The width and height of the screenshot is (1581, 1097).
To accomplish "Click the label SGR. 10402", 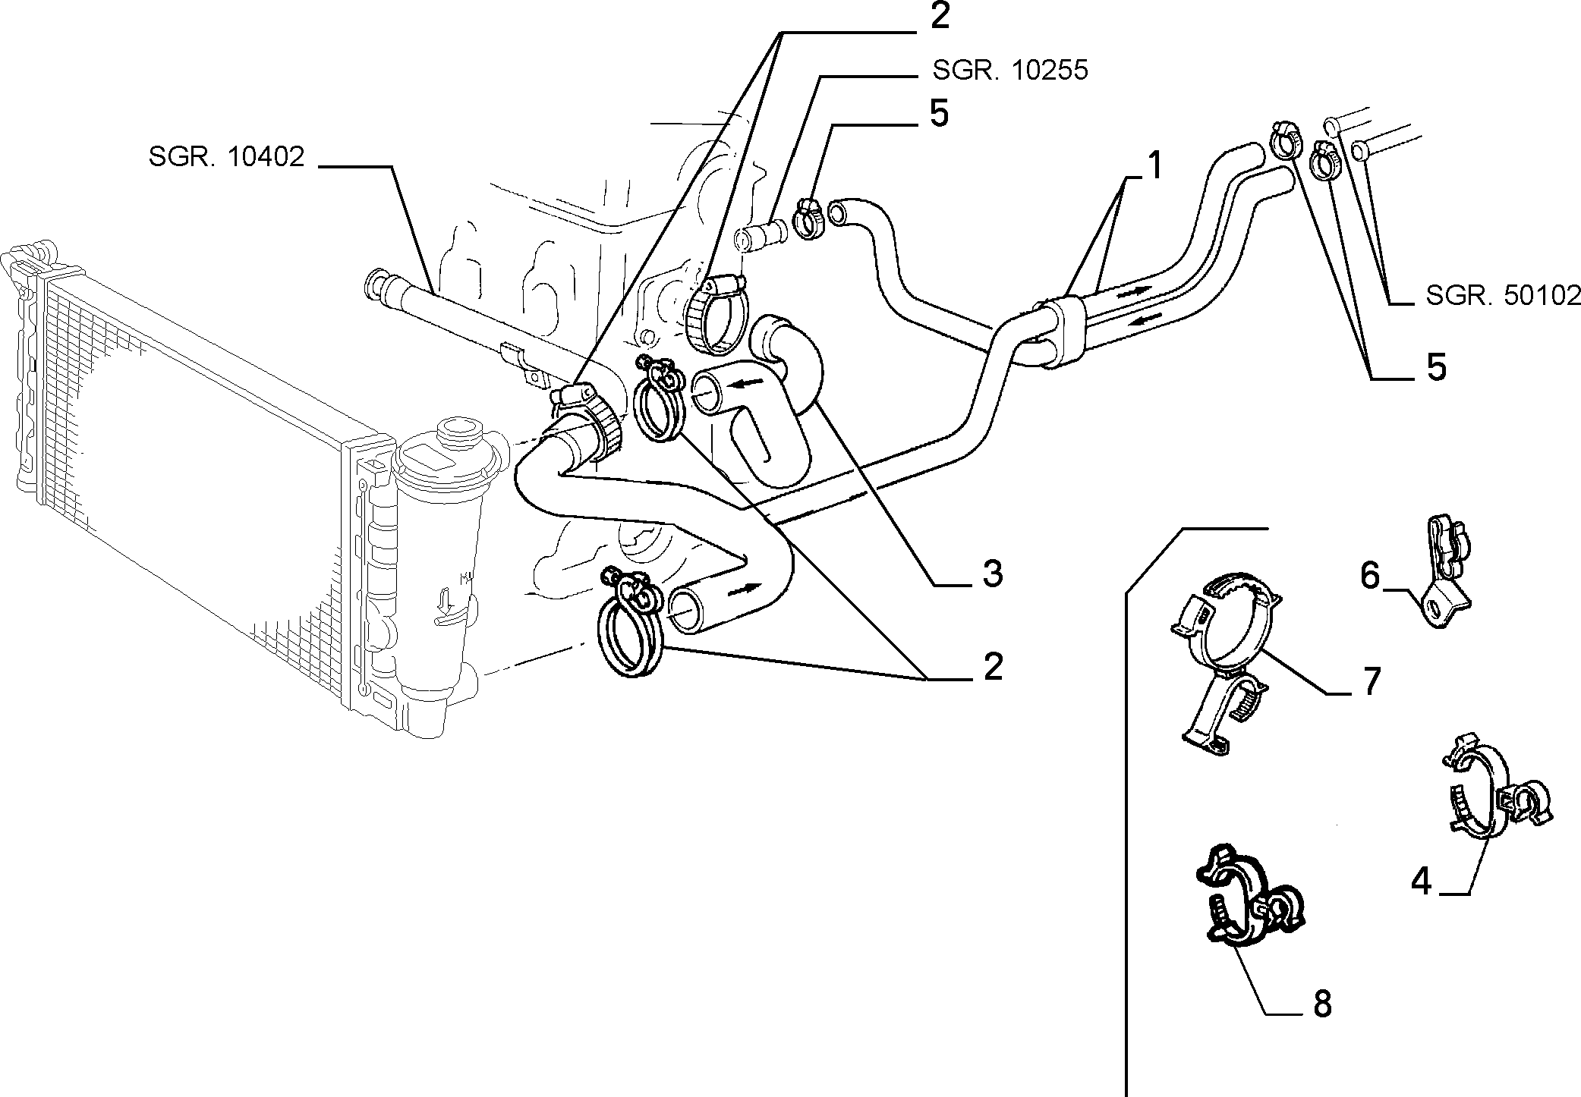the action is coord(226,157).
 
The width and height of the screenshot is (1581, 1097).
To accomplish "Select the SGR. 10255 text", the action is coord(1010,71).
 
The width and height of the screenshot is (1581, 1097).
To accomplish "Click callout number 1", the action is coord(1154,166).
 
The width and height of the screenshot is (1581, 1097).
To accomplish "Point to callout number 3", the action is coord(991,574).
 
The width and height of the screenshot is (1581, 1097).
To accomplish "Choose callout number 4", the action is coord(1421,881).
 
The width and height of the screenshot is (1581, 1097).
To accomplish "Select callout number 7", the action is coord(1370,682).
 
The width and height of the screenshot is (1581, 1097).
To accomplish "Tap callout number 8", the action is coord(1321,1004).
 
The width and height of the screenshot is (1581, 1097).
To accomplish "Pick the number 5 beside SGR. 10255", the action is coord(939,114).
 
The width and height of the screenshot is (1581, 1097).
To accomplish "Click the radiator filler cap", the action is coord(457,430).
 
